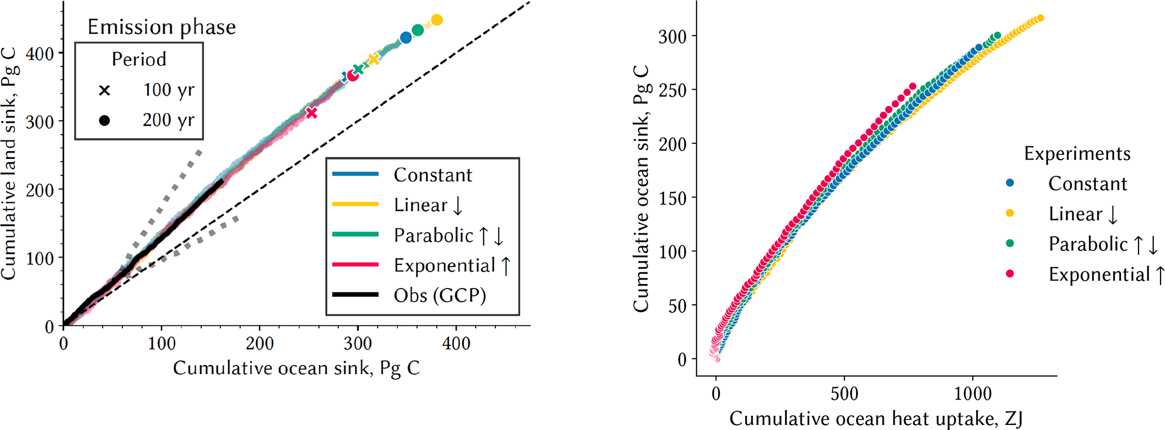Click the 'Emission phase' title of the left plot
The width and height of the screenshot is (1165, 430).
(161, 27)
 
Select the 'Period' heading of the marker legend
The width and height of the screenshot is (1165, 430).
(139, 59)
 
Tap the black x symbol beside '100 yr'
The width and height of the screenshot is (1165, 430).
(104, 90)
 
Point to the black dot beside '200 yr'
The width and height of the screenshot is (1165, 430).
(104, 120)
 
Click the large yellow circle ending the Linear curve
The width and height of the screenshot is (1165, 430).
(436, 20)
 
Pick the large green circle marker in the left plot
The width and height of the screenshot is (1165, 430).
(418, 30)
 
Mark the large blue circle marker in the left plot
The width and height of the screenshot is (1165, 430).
(406, 38)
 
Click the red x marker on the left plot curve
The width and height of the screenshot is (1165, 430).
(312, 113)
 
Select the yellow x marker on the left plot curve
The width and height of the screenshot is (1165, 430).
(374, 59)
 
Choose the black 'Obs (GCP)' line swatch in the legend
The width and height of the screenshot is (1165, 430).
(355, 295)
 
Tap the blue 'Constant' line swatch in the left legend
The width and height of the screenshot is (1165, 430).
(355, 174)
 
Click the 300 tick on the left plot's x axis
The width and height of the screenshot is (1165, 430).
(358, 343)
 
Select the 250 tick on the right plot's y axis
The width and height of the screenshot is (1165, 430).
(672, 90)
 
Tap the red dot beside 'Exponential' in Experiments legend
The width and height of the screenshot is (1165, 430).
(1010, 274)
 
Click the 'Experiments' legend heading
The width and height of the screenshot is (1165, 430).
(1077, 154)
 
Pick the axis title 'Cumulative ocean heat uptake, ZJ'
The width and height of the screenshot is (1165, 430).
(876, 418)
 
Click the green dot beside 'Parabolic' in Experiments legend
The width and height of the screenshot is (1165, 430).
(1010, 243)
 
